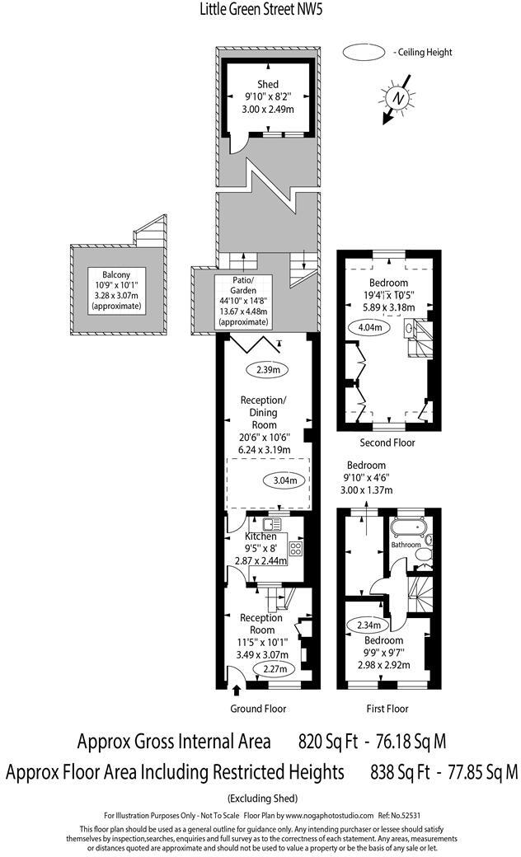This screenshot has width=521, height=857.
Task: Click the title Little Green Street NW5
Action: [x=260, y=10]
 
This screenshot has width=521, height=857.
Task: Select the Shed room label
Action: [x=267, y=84]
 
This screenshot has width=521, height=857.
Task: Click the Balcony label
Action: [x=116, y=274]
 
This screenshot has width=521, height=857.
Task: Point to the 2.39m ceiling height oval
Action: [x=266, y=370]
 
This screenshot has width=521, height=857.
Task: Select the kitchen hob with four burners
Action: [x=296, y=549]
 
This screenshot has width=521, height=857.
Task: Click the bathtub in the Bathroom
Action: [x=407, y=527]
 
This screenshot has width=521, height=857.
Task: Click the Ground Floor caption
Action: [x=257, y=709]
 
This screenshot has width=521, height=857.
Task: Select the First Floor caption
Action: [x=387, y=709]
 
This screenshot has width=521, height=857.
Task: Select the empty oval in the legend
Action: [x=364, y=52]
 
